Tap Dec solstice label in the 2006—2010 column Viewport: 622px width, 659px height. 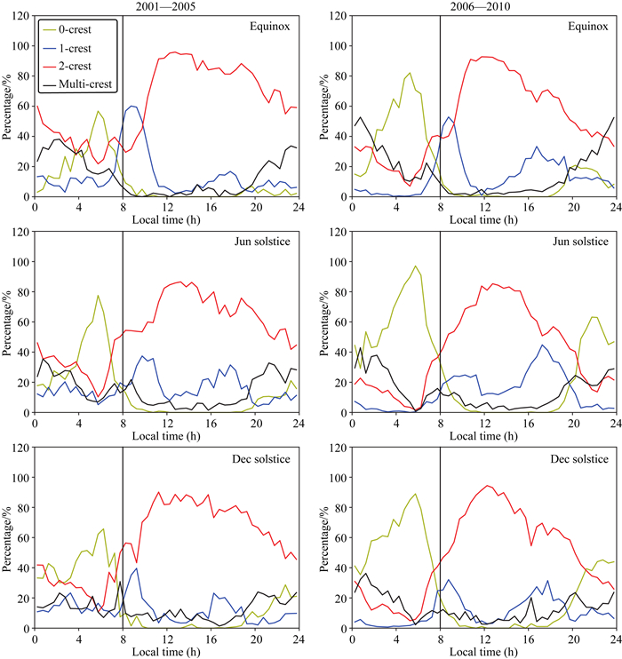pos(581,458)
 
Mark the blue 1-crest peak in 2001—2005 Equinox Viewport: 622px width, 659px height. pos(133,106)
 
